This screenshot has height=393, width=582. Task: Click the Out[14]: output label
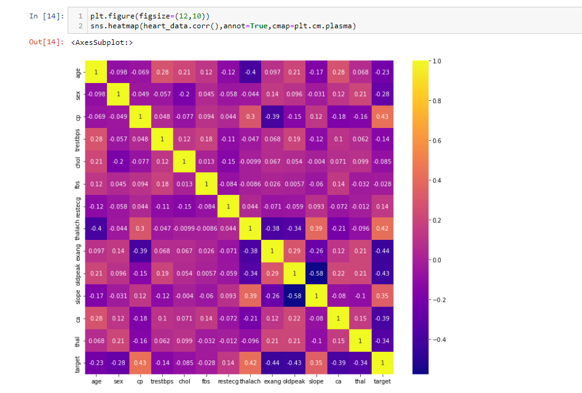46,42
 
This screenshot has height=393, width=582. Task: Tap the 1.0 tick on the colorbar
437,62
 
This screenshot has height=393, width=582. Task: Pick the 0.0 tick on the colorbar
437,260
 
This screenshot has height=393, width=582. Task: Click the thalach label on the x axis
250,381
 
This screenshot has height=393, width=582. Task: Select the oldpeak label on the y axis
78,273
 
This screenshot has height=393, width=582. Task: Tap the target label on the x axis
382,381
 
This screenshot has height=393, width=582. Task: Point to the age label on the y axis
78,73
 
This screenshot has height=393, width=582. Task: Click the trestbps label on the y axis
78,139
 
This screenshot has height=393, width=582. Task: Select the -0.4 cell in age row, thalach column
250,73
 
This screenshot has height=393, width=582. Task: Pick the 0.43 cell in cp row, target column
382,117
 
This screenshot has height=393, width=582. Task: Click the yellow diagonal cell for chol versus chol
184,162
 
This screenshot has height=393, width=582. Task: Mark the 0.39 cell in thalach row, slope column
316,228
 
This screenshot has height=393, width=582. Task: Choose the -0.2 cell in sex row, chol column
184,95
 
